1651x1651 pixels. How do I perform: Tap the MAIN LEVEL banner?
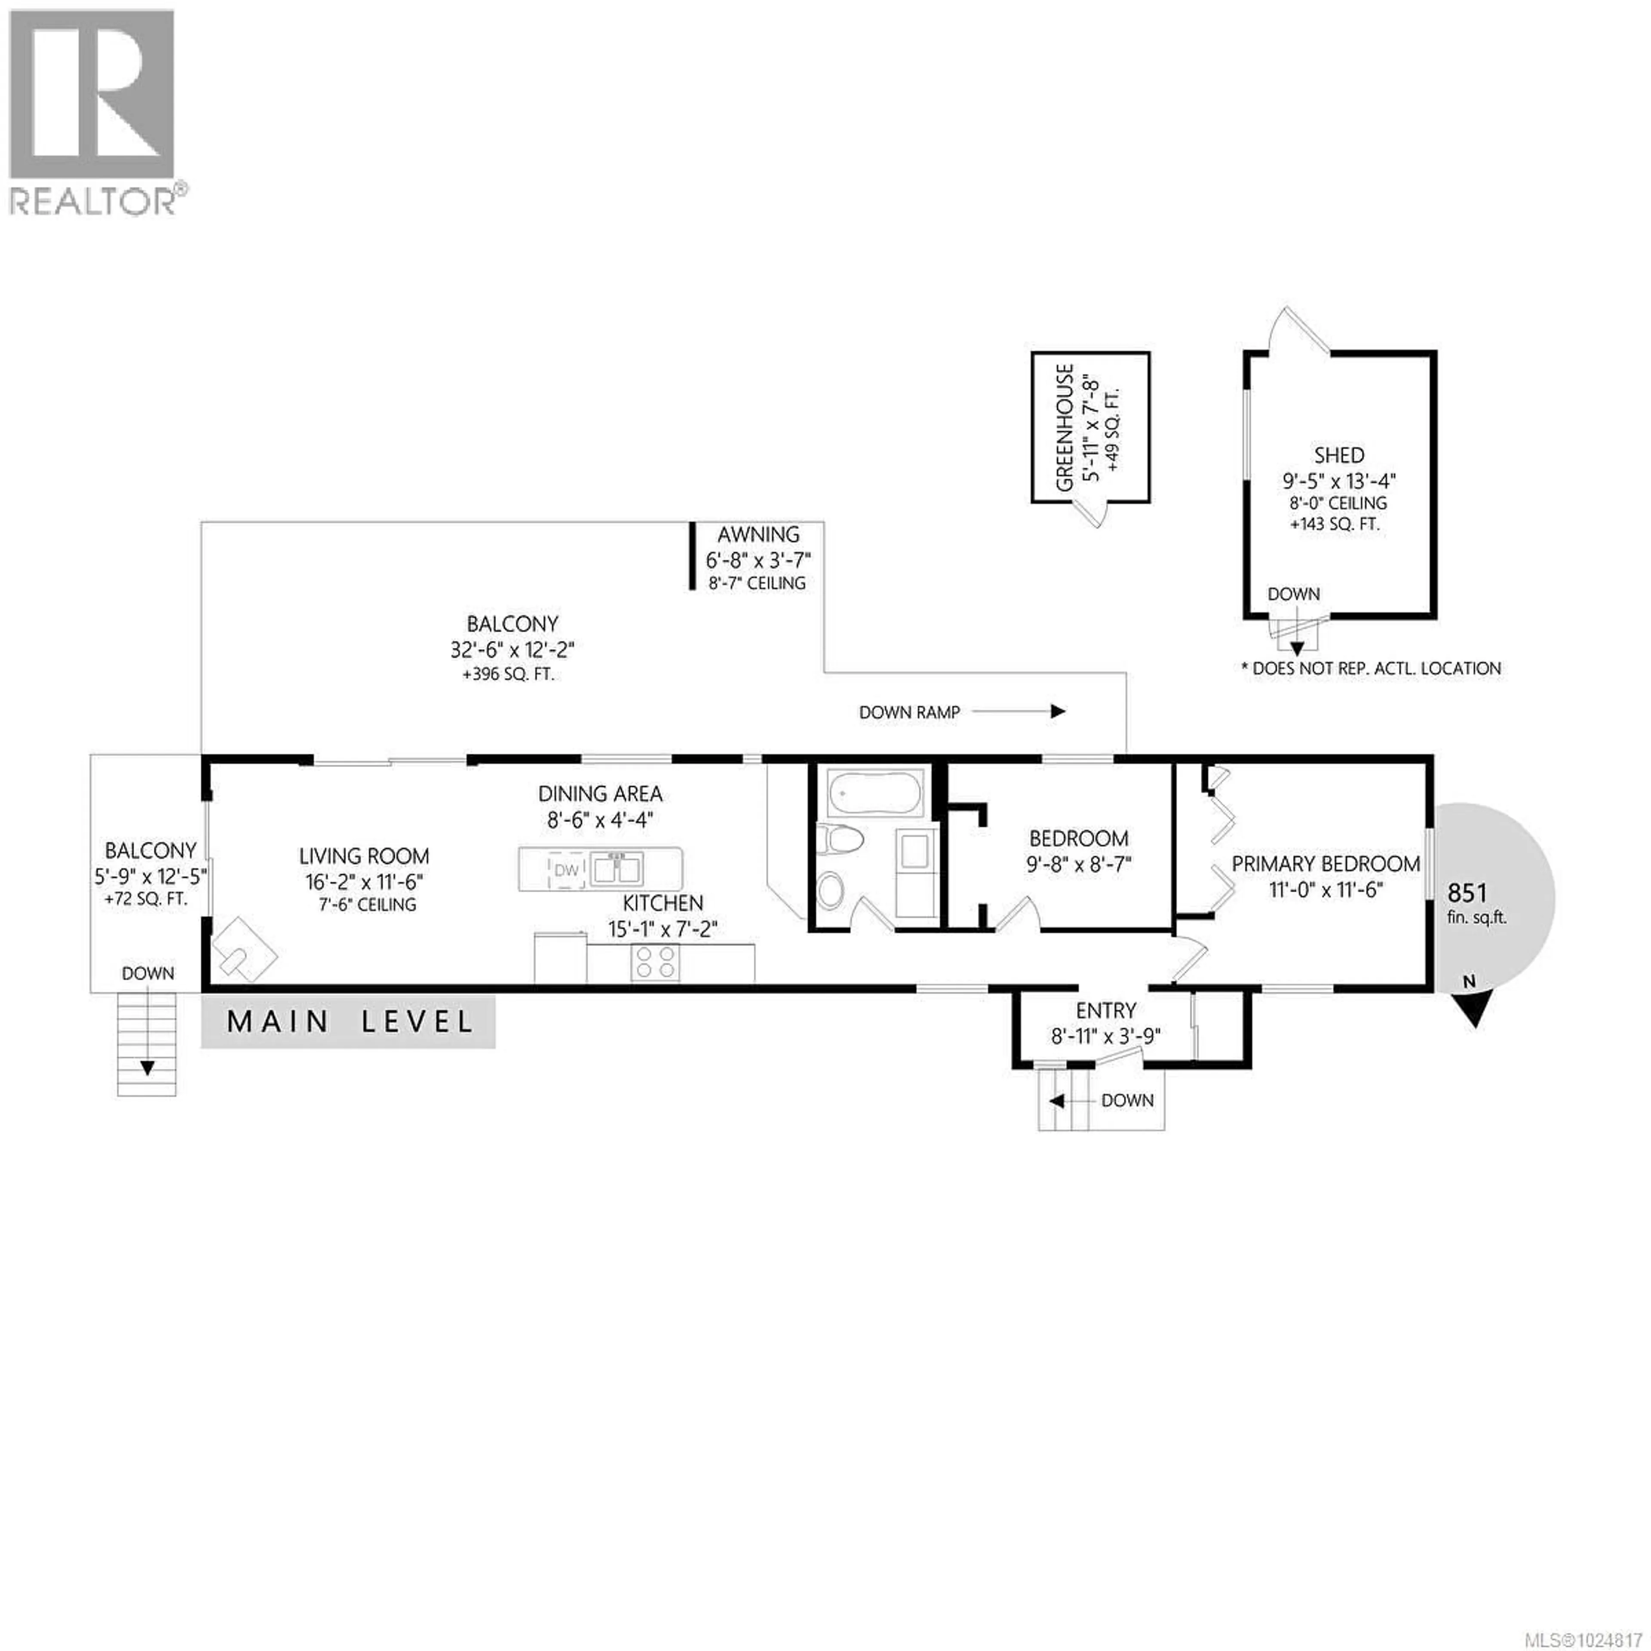click(x=349, y=1022)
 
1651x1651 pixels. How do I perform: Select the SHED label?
click(x=1339, y=455)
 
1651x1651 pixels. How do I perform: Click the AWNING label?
click(x=758, y=535)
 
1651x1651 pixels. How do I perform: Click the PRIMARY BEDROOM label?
click(x=1326, y=864)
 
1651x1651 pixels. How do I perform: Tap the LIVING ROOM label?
click(x=364, y=856)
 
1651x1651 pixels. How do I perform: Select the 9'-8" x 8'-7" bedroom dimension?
click(x=1078, y=865)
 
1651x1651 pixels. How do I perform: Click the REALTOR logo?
click(x=94, y=111)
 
